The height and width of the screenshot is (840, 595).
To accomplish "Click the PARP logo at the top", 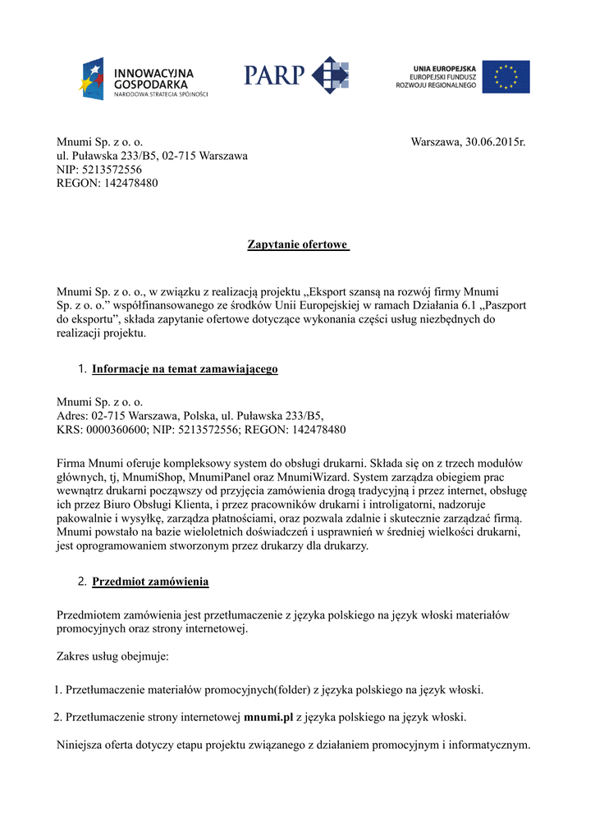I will [295, 76].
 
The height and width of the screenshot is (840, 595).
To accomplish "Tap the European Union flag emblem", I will [506, 76].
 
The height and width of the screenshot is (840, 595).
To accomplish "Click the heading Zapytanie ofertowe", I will [298, 244].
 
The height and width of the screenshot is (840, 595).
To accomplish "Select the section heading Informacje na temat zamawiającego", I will [185, 369].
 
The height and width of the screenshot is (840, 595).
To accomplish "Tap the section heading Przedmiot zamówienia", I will [150, 582].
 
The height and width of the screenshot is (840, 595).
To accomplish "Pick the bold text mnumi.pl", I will [268, 717].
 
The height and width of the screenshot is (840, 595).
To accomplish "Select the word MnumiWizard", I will [321, 477].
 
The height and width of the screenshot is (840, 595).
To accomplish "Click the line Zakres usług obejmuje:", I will [112, 656].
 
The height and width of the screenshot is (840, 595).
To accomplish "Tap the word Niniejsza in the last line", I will [80, 745].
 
